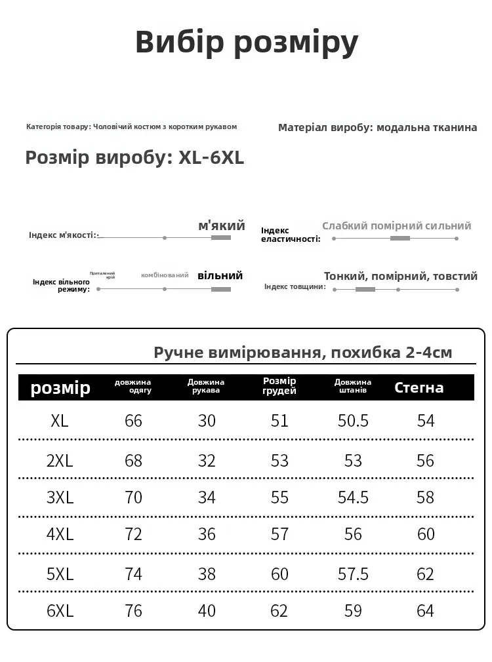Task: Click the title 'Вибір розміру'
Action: coord(247,43)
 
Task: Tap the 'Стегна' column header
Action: coord(419,387)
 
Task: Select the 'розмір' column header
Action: coord(60,388)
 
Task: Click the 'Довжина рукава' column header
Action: coord(206,386)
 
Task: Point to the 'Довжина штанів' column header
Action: coord(353,386)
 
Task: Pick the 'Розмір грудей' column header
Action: coord(279,386)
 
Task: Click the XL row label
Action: coord(60,421)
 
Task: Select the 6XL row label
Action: coord(60,611)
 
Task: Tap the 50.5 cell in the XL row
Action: coord(353,421)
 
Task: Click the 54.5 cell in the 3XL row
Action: coord(353,497)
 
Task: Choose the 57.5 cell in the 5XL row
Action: coord(353,574)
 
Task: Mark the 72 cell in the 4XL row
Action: coord(133,534)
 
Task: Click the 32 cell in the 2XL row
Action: coord(207,461)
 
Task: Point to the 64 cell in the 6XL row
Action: coord(426,611)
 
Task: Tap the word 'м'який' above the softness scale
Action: coord(222,225)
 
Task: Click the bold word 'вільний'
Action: coord(220,275)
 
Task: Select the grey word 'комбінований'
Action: coord(165,275)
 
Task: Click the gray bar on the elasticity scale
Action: coord(400,238)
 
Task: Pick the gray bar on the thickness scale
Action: coord(365,289)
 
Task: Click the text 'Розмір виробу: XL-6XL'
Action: coord(134,158)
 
